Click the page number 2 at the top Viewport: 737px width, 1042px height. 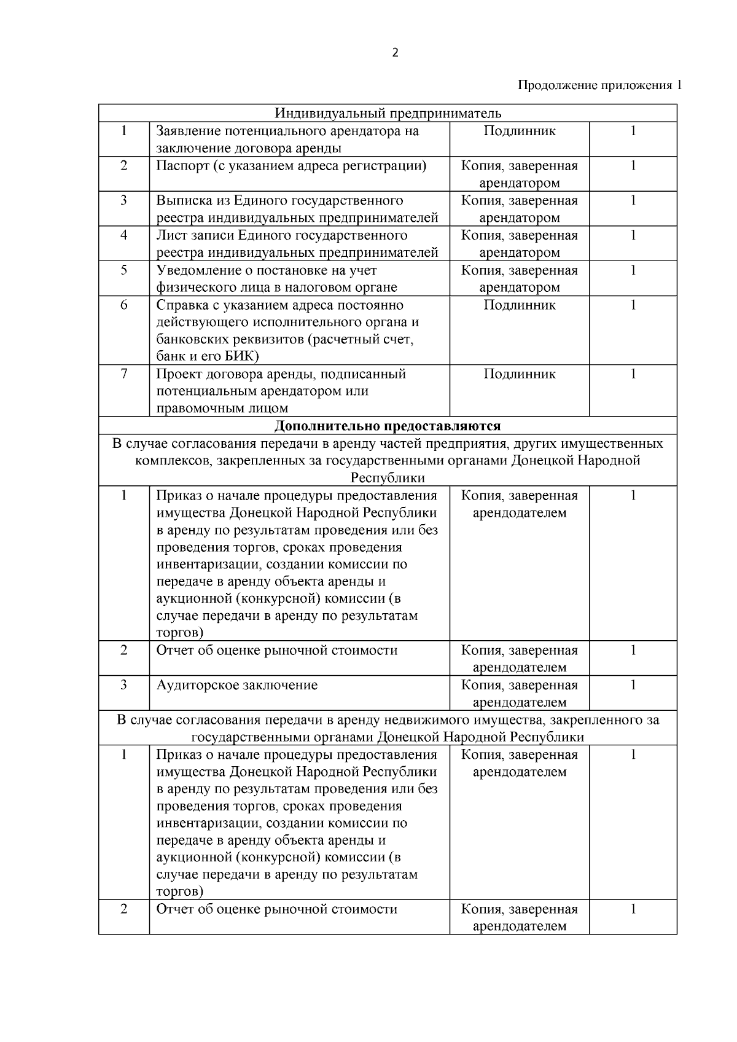click(395, 53)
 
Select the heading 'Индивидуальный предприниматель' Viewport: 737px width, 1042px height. click(388, 113)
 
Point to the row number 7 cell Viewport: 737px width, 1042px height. click(124, 374)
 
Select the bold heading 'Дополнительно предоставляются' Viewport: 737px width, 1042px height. click(388, 426)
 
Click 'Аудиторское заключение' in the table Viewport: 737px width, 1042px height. click(237, 685)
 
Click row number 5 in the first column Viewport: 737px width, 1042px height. click(124, 270)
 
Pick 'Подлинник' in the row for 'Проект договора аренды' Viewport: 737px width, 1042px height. click(520, 374)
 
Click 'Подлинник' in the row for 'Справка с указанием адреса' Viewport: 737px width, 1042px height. click(520, 305)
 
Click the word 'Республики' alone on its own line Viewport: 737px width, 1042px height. click(388, 478)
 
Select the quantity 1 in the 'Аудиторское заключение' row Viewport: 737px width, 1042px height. click(633, 685)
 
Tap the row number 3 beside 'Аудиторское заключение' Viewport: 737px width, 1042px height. click(124, 685)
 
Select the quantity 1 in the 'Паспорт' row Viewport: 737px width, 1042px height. click(633, 166)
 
